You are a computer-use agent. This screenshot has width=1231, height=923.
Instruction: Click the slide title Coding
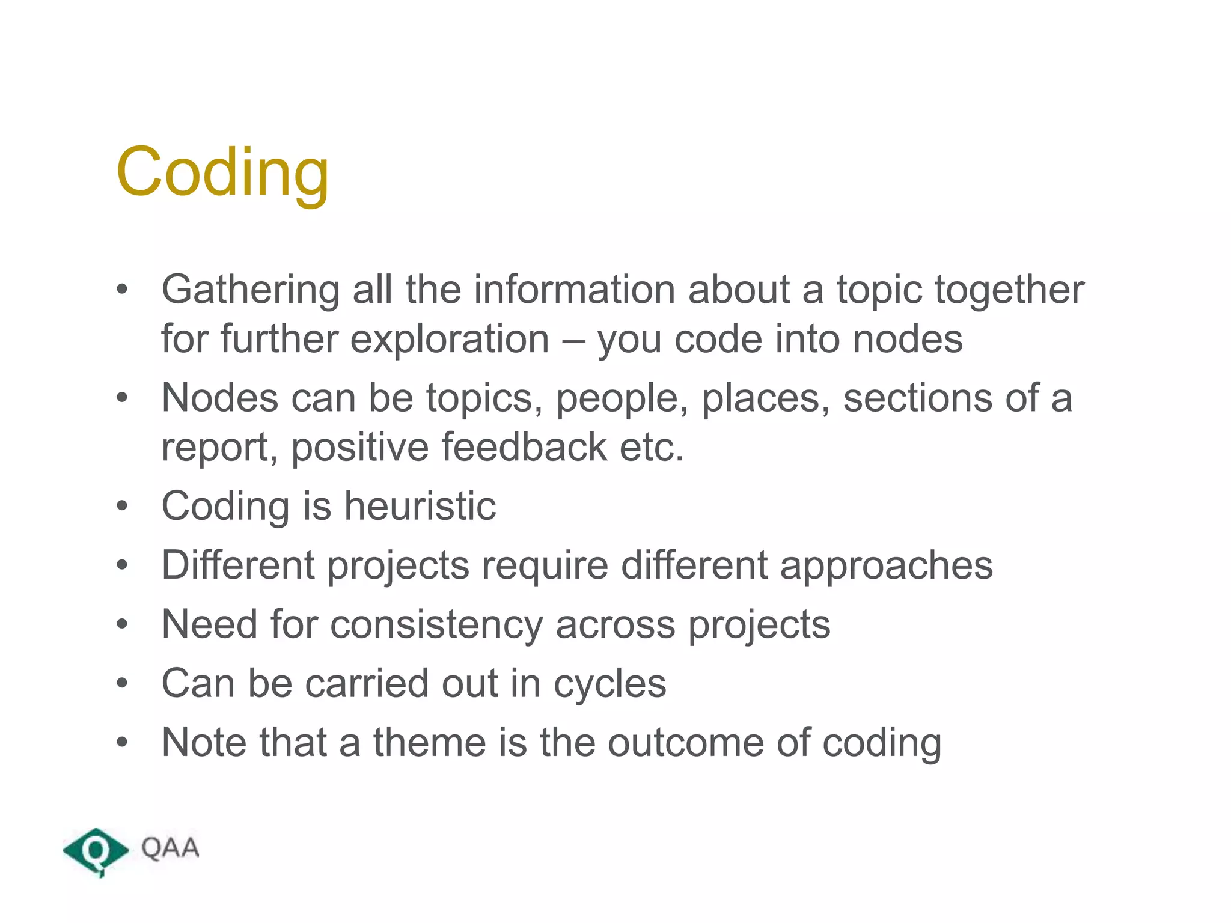(222, 172)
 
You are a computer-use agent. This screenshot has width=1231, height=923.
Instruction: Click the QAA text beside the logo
(170, 848)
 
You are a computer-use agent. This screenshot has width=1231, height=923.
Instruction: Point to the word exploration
(450, 340)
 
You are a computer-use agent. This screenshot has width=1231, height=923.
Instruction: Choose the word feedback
(524, 448)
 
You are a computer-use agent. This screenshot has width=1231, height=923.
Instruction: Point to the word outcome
(685, 743)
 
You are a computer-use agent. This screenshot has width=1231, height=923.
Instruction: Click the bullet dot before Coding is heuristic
(123, 505)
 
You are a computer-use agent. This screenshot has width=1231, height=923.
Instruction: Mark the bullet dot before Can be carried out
(123, 683)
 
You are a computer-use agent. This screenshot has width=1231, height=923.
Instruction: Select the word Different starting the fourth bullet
(238, 565)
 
